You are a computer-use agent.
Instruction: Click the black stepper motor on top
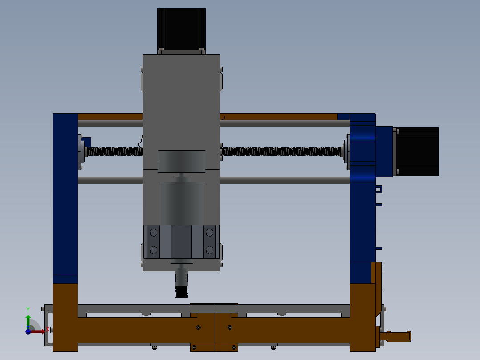[181, 29]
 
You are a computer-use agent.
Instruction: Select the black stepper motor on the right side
[417, 151]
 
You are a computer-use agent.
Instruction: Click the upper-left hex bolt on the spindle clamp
[154, 232]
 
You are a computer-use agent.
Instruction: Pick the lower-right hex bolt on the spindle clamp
[209, 250]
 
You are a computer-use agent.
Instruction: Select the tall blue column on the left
[65, 196]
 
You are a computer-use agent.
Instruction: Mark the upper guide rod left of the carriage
[110, 123]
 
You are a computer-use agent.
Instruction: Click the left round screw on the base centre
[199, 327]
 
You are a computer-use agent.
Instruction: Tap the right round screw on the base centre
[230, 327]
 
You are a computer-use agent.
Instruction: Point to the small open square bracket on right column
[378, 189]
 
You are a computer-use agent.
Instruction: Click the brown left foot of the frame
[65, 316]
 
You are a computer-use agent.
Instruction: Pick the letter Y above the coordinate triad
[28, 309]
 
